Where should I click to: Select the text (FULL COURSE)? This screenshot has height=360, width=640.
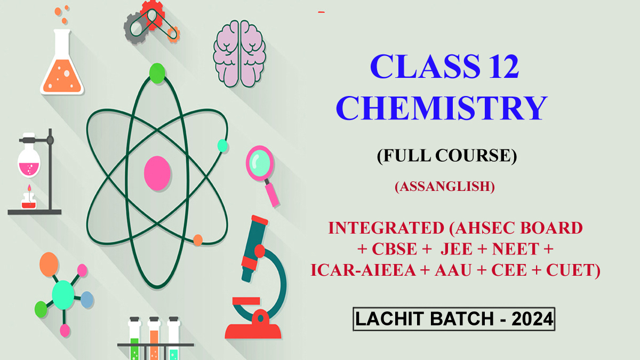click(x=446, y=155)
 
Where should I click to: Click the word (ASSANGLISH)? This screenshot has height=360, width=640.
click(x=445, y=187)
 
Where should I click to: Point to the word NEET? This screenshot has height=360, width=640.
click(x=523, y=249)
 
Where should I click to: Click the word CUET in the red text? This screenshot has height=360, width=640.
click(x=570, y=270)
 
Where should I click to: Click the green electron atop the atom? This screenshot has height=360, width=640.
click(x=157, y=73)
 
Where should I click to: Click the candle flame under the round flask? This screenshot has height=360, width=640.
click(x=27, y=190)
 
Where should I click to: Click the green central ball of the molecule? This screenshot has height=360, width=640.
click(x=63, y=293)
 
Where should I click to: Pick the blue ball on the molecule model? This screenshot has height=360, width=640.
click(x=86, y=300)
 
